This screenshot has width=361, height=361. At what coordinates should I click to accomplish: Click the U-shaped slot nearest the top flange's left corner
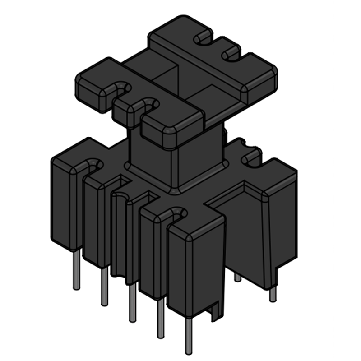[x=121, y=88]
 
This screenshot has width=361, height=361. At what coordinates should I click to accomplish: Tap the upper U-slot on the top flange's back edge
[x=204, y=39]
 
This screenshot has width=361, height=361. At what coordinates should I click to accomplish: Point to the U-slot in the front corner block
[x=177, y=213]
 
